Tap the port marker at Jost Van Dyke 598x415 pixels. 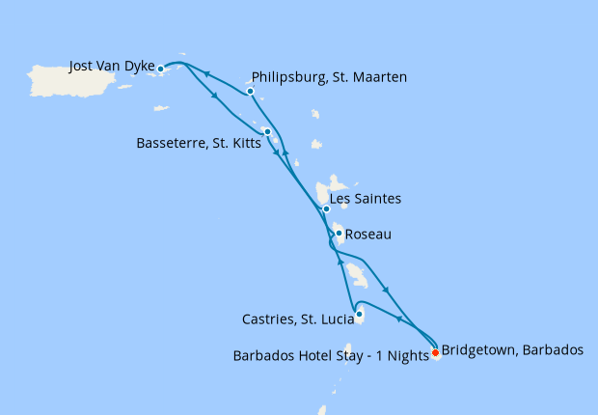[x=161, y=69]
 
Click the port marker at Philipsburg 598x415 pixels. [x=250, y=92]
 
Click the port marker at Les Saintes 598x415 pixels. [x=326, y=208]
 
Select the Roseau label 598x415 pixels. [x=367, y=234]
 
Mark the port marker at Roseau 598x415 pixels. [x=340, y=234]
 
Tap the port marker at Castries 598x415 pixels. [x=359, y=314]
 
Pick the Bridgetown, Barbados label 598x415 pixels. [x=512, y=350]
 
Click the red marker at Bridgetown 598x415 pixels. [x=435, y=352]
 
